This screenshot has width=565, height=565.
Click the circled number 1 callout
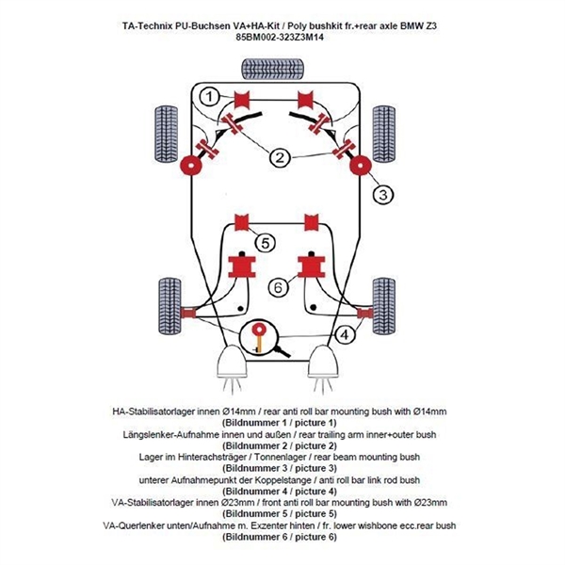coord(209,96)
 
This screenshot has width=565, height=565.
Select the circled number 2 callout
coord(279,158)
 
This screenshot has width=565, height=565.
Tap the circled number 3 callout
coord(381,195)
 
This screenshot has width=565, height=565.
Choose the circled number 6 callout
coord(279,285)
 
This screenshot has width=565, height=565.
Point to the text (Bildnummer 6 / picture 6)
coord(282,537)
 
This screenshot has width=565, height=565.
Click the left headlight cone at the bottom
coord(232,362)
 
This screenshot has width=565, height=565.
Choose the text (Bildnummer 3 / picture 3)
coord(282,469)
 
